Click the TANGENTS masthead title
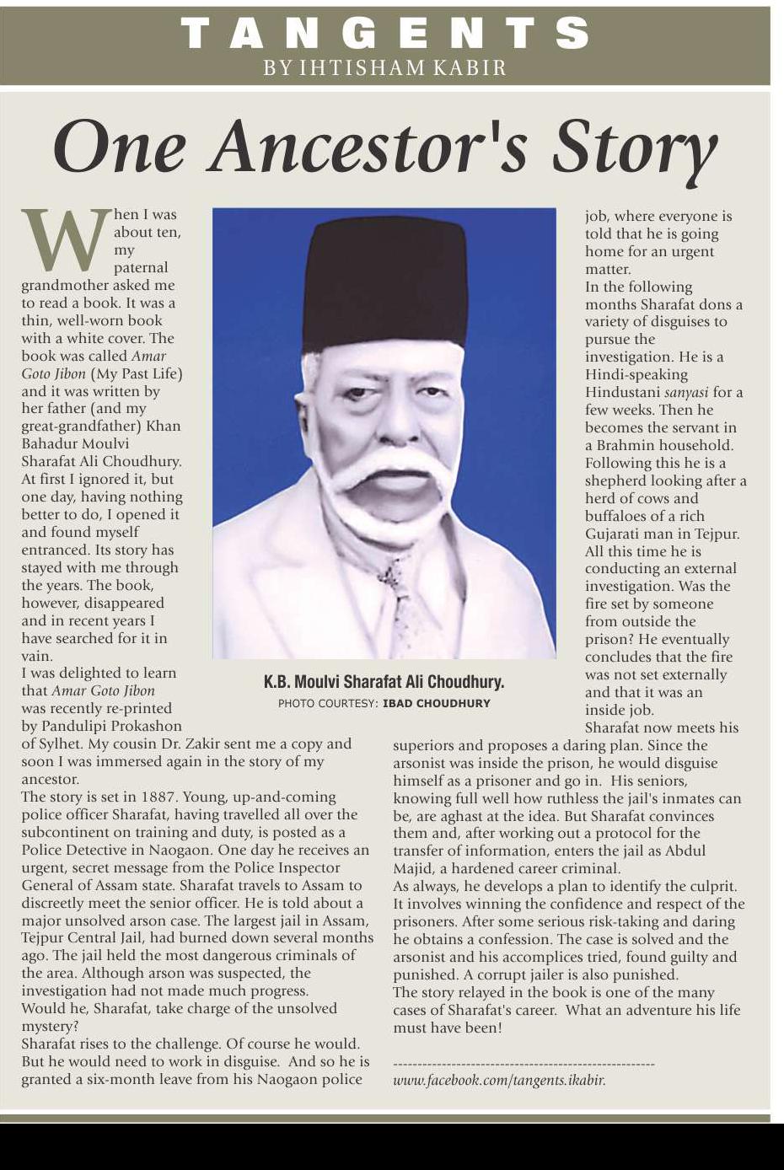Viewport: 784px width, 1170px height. pyautogui.click(x=385, y=34)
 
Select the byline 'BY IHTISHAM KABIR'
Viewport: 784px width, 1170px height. pyautogui.click(x=385, y=68)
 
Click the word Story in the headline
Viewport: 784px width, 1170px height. pyautogui.click(x=634, y=149)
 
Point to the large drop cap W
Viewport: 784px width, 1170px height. pyautogui.click(x=65, y=240)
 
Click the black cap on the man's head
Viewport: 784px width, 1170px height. pyautogui.click(x=385, y=282)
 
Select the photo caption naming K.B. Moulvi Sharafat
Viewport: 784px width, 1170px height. pyautogui.click(x=384, y=682)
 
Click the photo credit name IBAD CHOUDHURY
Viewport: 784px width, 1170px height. pyautogui.click(x=436, y=703)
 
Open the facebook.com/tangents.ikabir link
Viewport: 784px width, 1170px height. pyautogui.click(x=499, y=1080)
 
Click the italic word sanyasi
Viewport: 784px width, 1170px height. pyautogui.click(x=686, y=393)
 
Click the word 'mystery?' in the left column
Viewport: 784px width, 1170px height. pyautogui.click(x=50, y=1026)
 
